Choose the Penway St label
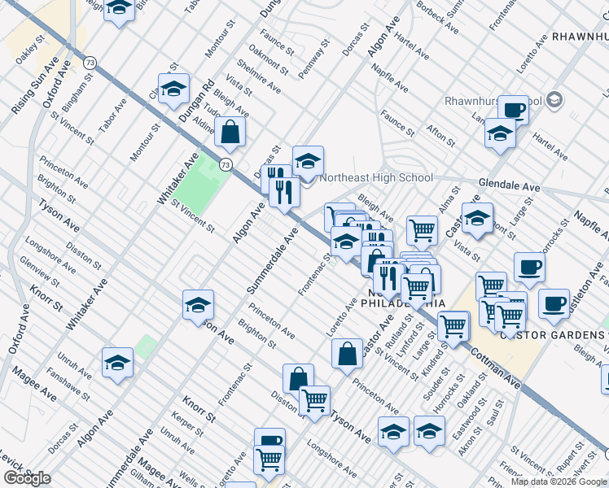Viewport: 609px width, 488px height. [x=313, y=59]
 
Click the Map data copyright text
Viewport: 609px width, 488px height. [x=559, y=481]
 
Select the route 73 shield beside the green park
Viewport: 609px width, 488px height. [x=225, y=164]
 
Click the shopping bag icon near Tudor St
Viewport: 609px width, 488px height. [x=231, y=133]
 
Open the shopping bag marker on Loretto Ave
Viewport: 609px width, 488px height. [x=348, y=353]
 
